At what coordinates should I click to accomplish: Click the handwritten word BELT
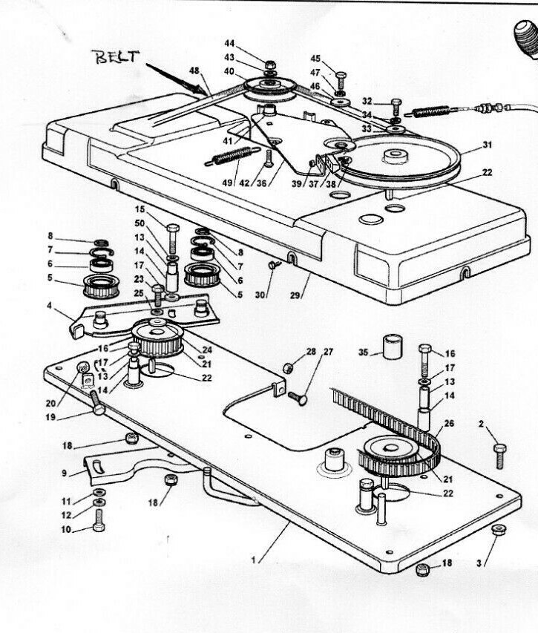click(x=114, y=57)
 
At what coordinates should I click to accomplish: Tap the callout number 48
click(x=194, y=71)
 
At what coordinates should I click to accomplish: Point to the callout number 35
click(x=364, y=352)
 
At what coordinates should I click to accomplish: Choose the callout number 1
click(x=256, y=561)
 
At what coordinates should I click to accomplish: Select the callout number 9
click(x=64, y=472)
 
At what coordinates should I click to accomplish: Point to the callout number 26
click(x=447, y=424)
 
